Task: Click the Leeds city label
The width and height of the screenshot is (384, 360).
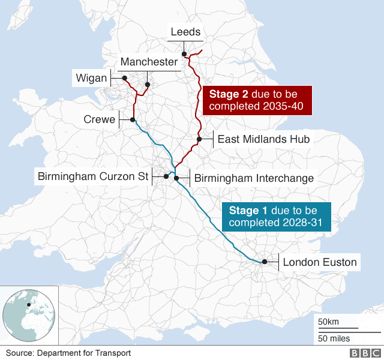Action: click(185, 32)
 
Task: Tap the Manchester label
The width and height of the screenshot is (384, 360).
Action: click(149, 62)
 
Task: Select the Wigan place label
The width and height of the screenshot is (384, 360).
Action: click(91, 77)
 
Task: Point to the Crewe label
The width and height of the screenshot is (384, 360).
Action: click(99, 119)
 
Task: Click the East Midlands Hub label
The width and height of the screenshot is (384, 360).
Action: click(263, 139)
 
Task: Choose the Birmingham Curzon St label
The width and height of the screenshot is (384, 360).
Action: click(92, 176)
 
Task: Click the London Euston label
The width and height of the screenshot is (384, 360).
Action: click(320, 262)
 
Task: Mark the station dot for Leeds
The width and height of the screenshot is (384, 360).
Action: click(185, 54)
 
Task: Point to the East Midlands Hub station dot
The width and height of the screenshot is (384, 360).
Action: click(199, 139)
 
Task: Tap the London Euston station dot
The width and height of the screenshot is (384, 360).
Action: click(264, 262)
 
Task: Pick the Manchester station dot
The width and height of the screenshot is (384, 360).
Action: click(147, 84)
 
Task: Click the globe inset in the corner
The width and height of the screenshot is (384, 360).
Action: click(29, 314)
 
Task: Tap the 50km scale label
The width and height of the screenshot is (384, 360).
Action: click(329, 322)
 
